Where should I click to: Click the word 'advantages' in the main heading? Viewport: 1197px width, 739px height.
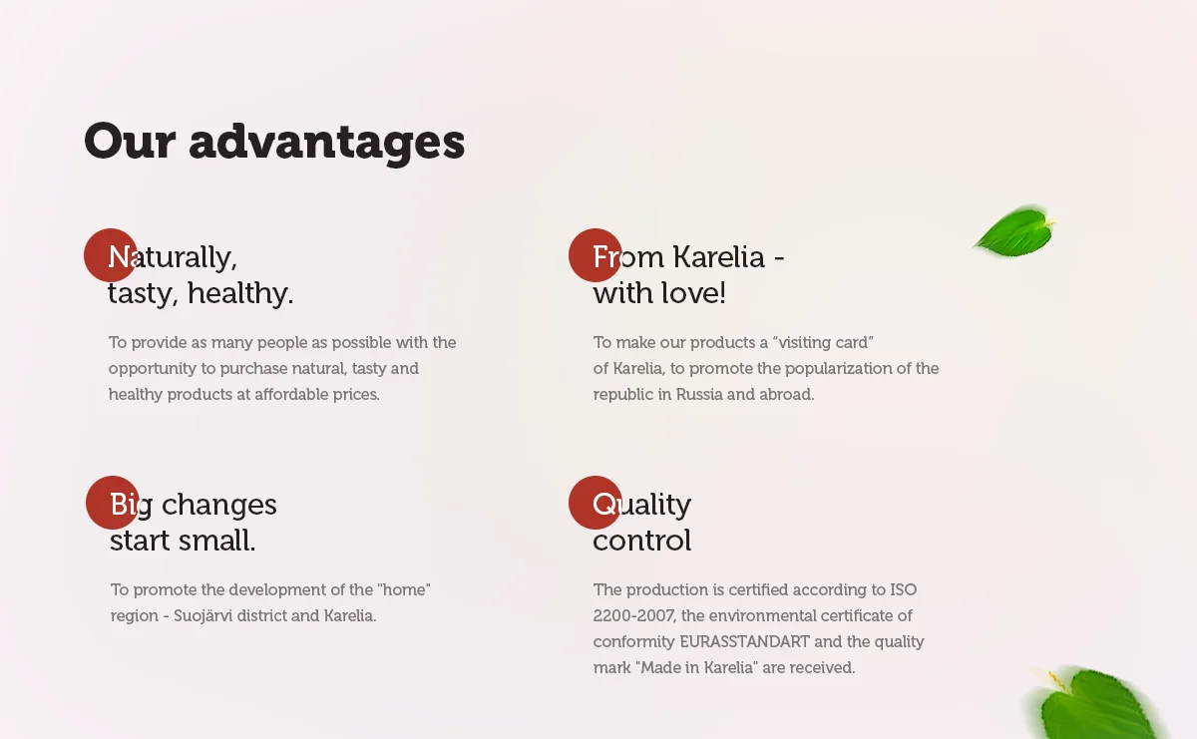click(x=327, y=143)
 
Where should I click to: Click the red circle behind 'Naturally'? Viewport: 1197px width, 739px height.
click(x=111, y=255)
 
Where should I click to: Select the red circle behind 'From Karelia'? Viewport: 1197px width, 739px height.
click(x=595, y=255)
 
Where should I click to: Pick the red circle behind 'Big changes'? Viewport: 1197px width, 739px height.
click(x=112, y=503)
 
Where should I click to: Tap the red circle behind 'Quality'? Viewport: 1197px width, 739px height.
click(x=595, y=503)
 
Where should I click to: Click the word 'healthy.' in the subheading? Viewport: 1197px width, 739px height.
click(x=240, y=293)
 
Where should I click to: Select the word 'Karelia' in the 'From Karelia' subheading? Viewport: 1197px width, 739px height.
click(x=719, y=257)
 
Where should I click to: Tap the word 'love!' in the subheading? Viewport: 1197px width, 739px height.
click(x=693, y=293)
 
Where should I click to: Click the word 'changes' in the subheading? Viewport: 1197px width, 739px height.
click(x=219, y=505)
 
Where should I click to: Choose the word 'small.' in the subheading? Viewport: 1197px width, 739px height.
click(x=217, y=541)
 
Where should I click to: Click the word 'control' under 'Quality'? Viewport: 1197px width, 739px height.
click(x=642, y=541)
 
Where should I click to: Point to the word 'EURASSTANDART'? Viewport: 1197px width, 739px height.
click(x=744, y=641)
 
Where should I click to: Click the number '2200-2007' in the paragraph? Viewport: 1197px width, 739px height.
click(x=634, y=615)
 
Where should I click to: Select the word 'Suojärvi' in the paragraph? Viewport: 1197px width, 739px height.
click(x=203, y=615)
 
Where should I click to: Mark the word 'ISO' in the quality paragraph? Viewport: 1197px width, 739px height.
click(x=903, y=590)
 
